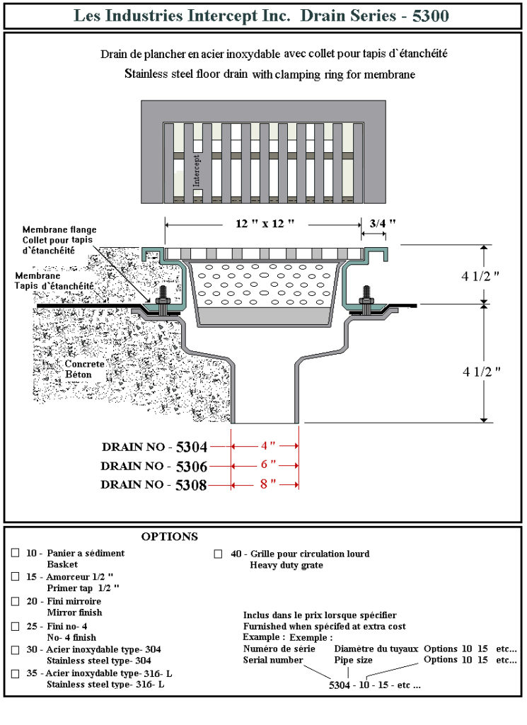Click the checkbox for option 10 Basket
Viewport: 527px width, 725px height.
point(16,553)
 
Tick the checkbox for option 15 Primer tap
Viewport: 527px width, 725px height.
point(16,577)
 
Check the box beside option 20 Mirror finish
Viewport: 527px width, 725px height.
point(16,601)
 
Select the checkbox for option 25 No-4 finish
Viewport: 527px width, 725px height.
point(16,626)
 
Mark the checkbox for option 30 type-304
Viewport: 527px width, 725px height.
point(16,649)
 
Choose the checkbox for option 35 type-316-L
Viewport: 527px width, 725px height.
point(16,673)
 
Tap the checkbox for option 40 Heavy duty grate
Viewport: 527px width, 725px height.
point(219,554)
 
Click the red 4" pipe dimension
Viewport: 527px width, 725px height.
point(265,446)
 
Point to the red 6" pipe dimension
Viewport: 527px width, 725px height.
point(265,466)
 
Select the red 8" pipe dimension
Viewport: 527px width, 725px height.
point(265,485)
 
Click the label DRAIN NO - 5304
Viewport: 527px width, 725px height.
point(154,447)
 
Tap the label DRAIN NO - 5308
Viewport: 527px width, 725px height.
point(154,485)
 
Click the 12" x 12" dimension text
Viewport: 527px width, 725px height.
point(265,223)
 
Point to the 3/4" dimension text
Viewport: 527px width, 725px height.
point(382,223)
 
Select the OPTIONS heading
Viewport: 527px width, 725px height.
point(169,537)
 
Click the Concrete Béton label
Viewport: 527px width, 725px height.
point(85,369)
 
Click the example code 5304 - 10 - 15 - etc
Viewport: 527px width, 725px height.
point(375,685)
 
